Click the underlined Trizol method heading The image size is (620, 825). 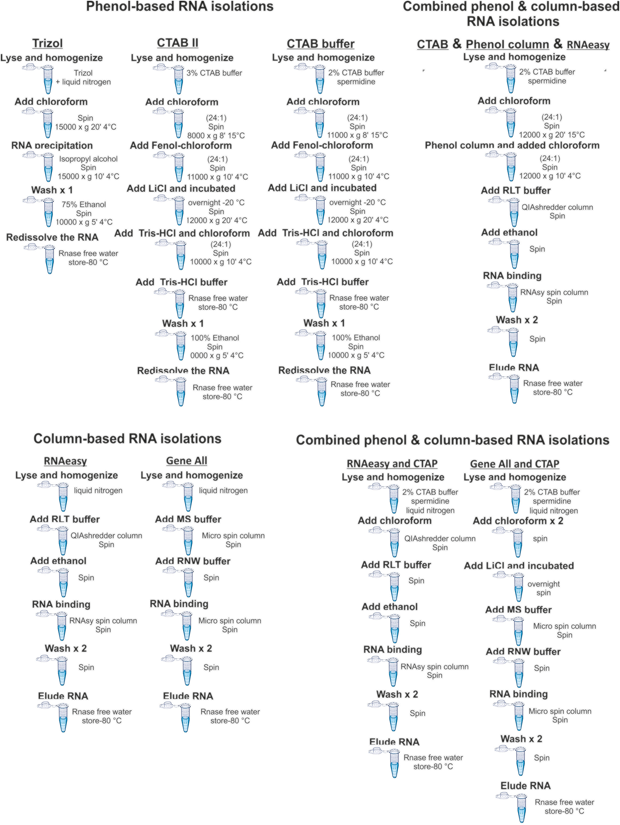[x=47, y=43]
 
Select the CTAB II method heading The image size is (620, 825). [x=178, y=43]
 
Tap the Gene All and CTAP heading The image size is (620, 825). [x=514, y=463]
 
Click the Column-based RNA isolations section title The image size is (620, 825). [x=127, y=438]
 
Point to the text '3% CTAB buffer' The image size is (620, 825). [x=214, y=73]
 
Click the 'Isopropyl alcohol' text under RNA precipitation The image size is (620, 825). [x=88, y=159]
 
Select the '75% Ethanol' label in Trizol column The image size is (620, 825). [x=83, y=204]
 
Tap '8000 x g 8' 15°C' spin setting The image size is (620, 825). [x=216, y=136]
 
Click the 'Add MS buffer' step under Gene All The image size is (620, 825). [x=188, y=519]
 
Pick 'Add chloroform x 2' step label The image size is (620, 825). [x=518, y=521]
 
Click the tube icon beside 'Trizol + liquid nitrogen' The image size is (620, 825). [x=47, y=79]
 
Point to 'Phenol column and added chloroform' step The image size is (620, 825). [x=512, y=146]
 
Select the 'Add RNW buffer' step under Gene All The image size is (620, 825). [x=193, y=561]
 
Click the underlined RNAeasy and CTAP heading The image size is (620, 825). [x=392, y=463]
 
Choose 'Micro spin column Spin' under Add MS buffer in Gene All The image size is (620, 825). [x=233, y=540]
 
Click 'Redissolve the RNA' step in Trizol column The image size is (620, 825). [x=52, y=237]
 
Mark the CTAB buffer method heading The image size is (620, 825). [x=320, y=44]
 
